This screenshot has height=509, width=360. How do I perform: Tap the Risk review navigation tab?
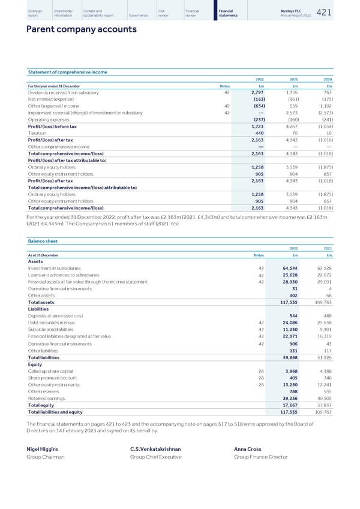[x=164, y=12]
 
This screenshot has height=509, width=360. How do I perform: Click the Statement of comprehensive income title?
[x=68, y=72]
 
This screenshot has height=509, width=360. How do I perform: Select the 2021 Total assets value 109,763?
[x=326, y=302]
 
